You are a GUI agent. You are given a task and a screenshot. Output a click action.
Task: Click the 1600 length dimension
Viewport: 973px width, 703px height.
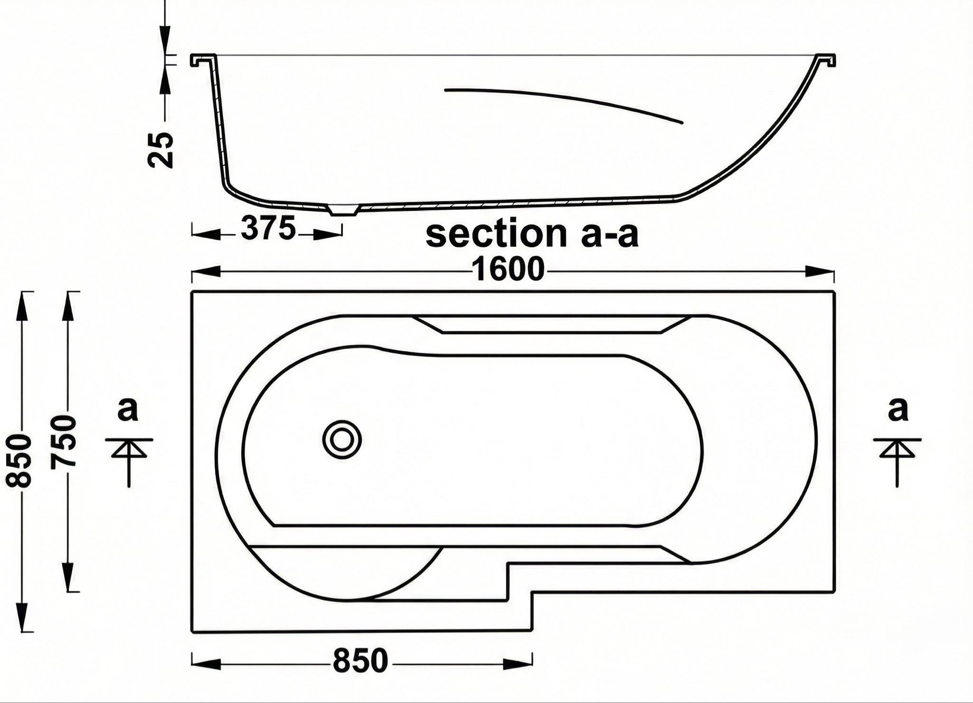[x=508, y=270]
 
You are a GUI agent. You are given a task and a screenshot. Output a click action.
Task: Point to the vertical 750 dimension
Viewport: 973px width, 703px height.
[x=63, y=441]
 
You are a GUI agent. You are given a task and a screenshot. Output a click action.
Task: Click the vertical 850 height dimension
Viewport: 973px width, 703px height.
[x=19, y=460]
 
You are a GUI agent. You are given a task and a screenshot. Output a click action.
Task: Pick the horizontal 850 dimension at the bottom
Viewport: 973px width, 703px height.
[x=361, y=661]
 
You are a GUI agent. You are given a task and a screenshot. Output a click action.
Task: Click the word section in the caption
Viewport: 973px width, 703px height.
[x=496, y=234]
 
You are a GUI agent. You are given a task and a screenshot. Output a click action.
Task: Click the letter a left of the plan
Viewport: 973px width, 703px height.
[x=127, y=410]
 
